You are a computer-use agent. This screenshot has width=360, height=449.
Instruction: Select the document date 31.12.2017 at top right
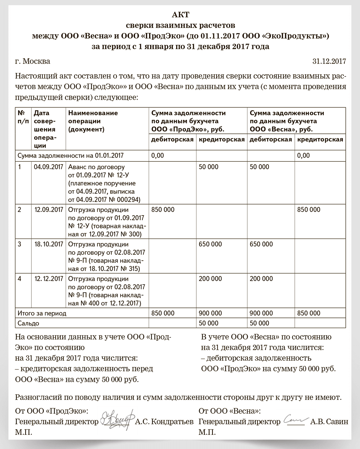point(329,61)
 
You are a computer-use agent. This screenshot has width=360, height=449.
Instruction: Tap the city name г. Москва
point(33,61)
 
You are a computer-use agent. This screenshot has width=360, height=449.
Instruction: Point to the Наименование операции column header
point(93,121)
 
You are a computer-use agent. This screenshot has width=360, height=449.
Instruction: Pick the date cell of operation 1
point(48,167)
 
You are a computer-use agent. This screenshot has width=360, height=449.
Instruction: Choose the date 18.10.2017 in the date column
point(48,244)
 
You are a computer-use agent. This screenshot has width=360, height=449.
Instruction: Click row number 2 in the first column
point(20,210)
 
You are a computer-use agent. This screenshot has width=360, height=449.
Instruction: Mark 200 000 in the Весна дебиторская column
point(261,279)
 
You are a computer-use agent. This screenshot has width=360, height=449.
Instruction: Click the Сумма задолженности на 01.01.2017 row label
point(70,155)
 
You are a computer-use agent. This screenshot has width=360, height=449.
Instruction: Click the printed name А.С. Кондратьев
point(164,422)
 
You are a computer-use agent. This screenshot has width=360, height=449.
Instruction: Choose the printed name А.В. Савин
point(329,422)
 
